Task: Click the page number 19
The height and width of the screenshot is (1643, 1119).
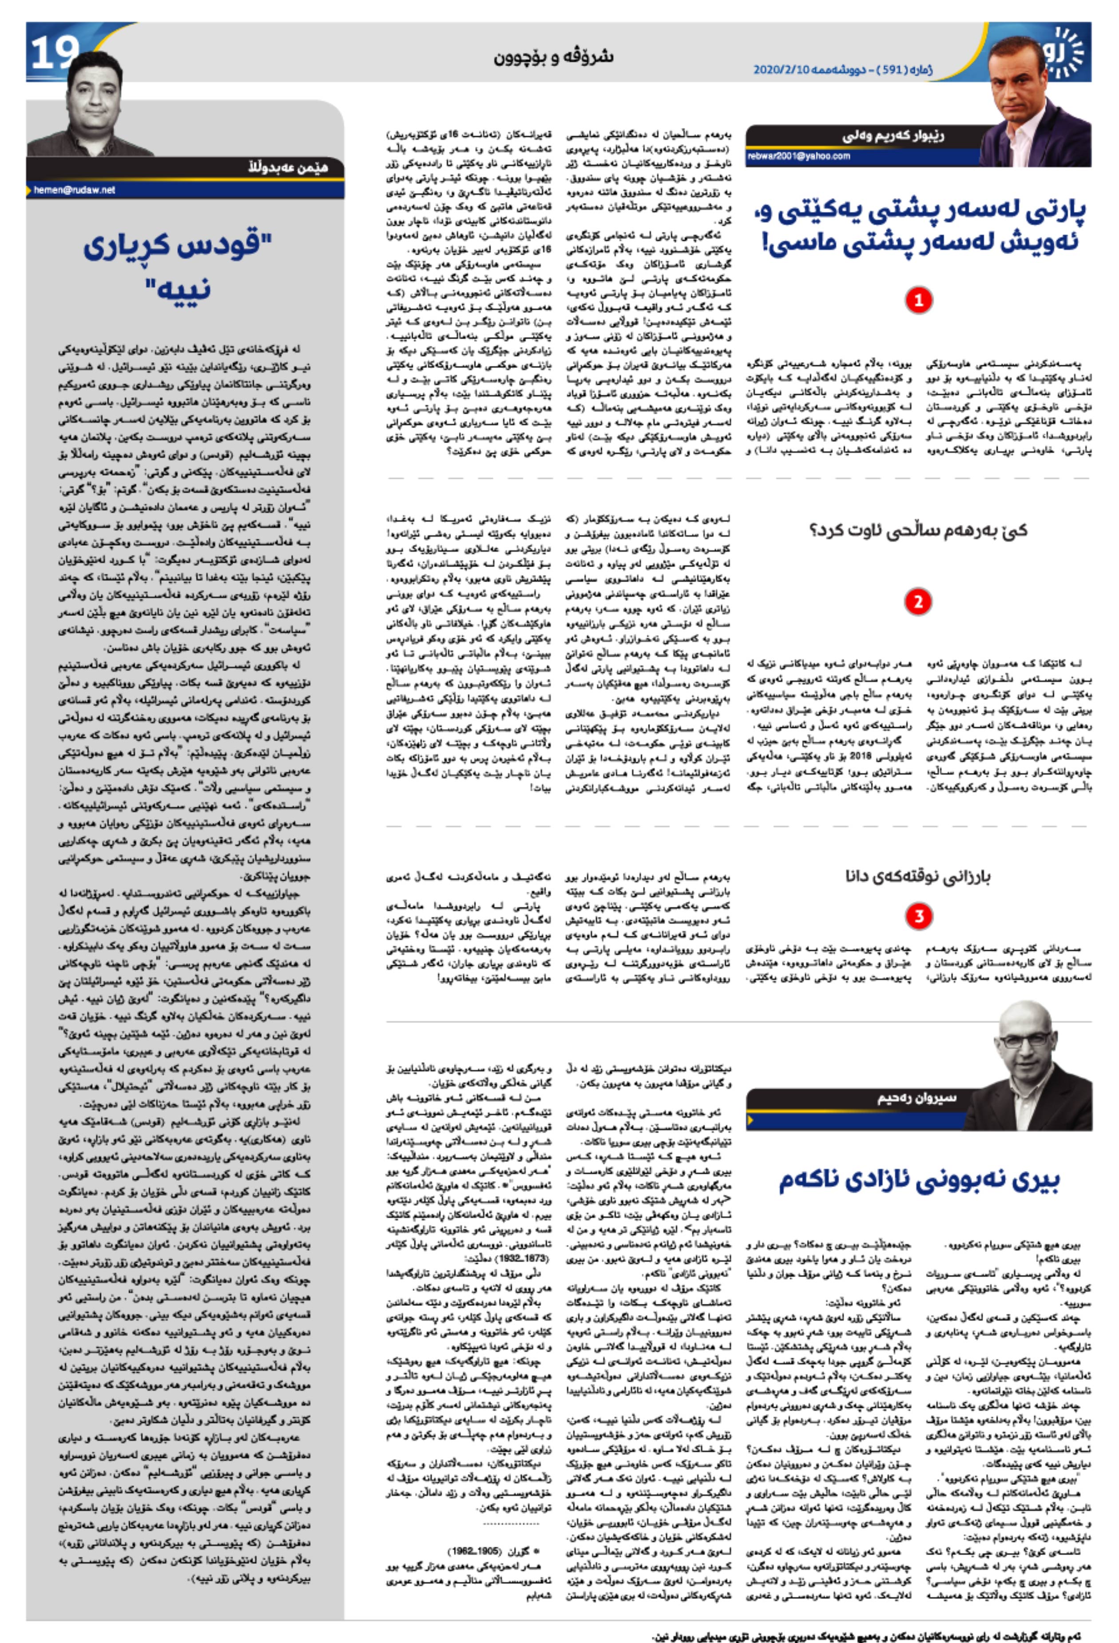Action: tap(55, 53)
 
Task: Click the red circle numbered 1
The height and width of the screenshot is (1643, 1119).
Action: tap(918, 301)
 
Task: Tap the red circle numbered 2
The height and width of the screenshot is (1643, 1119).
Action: tap(918, 602)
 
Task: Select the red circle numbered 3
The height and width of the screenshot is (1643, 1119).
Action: tap(918, 916)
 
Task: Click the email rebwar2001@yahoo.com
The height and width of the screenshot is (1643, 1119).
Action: tap(799, 156)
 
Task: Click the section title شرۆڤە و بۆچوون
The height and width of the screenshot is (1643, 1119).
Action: tap(553, 56)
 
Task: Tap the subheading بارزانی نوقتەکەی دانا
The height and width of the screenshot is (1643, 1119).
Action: tap(917, 877)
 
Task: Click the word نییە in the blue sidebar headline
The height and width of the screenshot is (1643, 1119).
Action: tap(178, 289)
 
